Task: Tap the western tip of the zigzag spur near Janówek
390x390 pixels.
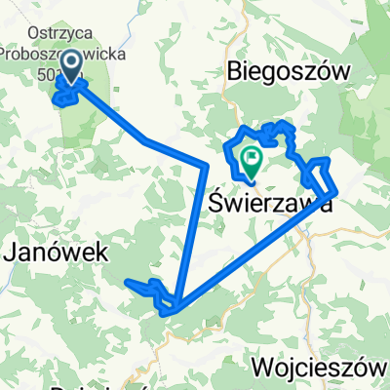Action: point(130,283)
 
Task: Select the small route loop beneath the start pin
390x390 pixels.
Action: point(66,97)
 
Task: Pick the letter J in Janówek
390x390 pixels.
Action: point(13,253)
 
